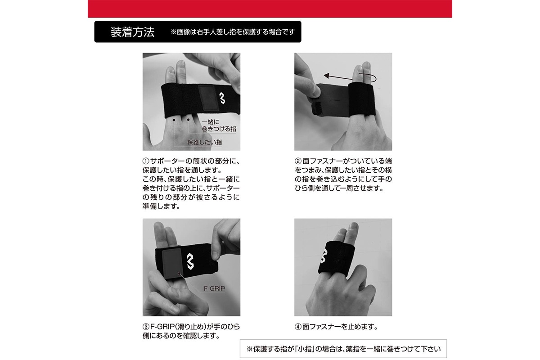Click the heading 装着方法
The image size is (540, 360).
(x=132, y=32)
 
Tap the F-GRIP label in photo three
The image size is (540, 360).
(x=214, y=288)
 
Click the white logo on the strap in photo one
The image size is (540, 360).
(x=222, y=98)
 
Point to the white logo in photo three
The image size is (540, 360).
(x=190, y=261)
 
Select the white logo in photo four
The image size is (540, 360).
(x=324, y=256)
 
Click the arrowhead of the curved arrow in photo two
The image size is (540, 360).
(x=326, y=76)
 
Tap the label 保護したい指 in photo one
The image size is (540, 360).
(x=204, y=142)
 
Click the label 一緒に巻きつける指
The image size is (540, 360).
(x=219, y=126)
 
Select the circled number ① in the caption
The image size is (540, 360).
(x=146, y=161)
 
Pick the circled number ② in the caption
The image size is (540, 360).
(x=298, y=161)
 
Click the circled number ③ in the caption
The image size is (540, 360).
(x=146, y=327)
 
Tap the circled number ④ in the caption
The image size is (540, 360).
(x=298, y=327)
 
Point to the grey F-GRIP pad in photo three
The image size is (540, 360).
(x=172, y=264)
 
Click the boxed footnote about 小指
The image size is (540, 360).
(x=343, y=349)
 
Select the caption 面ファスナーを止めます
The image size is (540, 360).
(x=339, y=327)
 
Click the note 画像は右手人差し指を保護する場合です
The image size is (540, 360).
(x=233, y=32)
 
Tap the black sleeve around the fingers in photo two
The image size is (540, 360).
(x=362, y=99)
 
